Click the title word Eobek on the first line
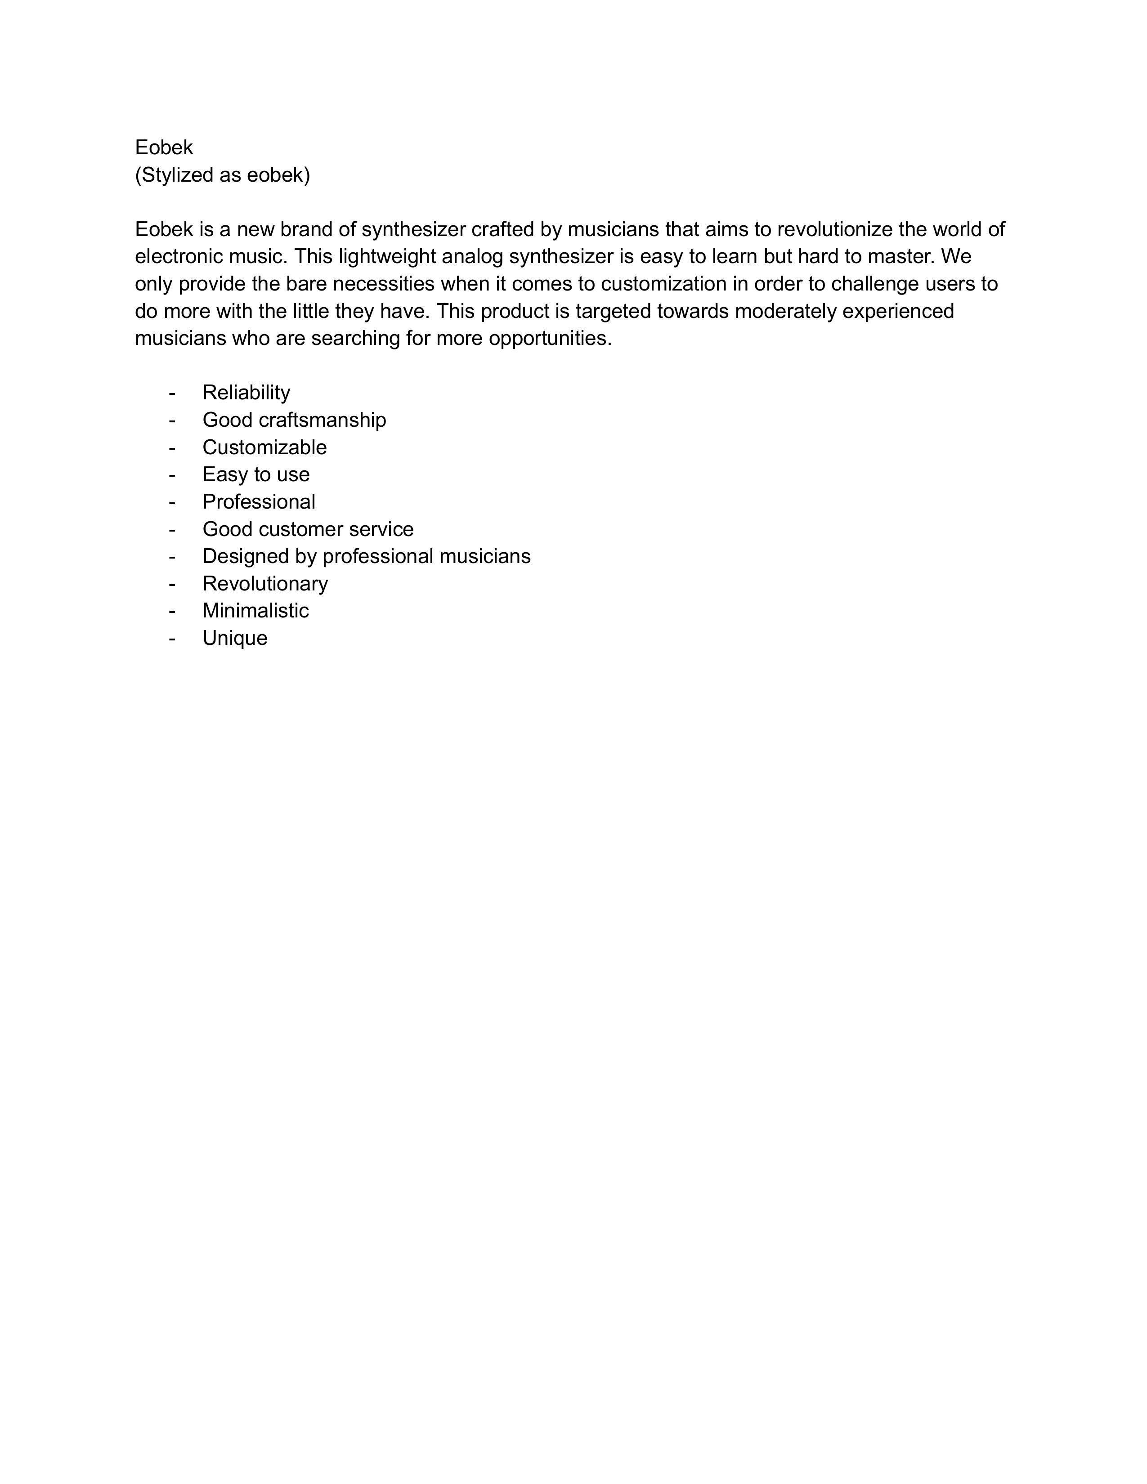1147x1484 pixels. [x=164, y=148]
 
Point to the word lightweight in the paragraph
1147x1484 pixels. [x=387, y=257]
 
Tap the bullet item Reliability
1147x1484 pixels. [x=246, y=393]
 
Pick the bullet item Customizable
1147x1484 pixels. [x=264, y=447]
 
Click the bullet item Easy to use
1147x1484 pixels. [x=255, y=474]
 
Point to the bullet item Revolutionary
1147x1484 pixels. [x=265, y=584]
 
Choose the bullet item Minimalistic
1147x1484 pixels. [x=255, y=611]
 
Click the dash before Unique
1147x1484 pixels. [x=172, y=639]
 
